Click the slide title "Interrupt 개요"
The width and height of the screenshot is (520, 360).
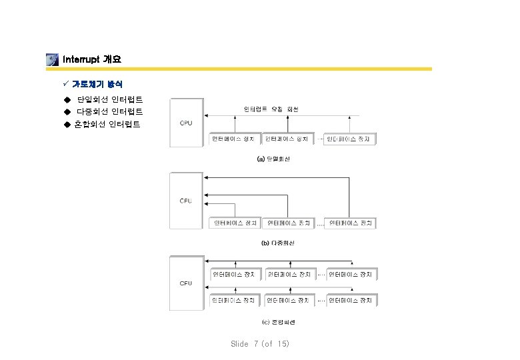pyautogui.click(x=91, y=59)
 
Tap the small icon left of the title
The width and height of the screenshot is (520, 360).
pyautogui.click(x=52, y=59)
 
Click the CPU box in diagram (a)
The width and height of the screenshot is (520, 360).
pyautogui.click(x=186, y=123)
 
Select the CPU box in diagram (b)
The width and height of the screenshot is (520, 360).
pyautogui.click(x=186, y=201)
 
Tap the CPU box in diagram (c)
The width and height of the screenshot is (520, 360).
pyautogui.click(x=186, y=283)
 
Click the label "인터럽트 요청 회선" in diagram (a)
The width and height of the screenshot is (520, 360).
pyautogui.click(x=271, y=109)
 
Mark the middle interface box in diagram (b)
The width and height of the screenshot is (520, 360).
pyautogui.click(x=287, y=223)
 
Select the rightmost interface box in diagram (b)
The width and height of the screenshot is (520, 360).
pyautogui.click(x=350, y=223)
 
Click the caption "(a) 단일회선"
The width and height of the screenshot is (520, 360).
pyautogui.click(x=273, y=159)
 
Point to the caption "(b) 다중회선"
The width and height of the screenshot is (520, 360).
pyautogui.click(x=277, y=243)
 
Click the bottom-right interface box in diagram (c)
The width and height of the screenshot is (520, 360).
pyautogui.click(x=351, y=301)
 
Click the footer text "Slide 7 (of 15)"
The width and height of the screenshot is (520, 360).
pyautogui.click(x=260, y=344)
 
